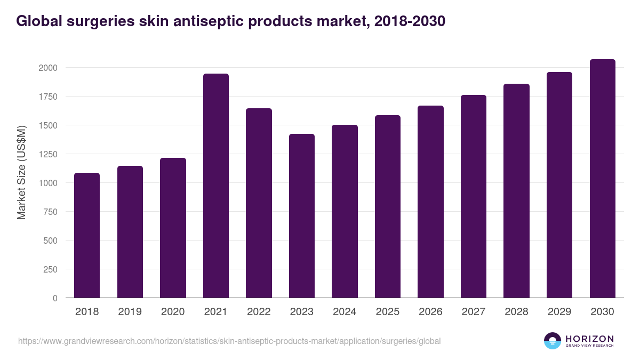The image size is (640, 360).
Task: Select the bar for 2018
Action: (x=87, y=235)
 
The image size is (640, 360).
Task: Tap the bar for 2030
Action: (x=602, y=179)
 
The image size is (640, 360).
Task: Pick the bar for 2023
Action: (x=302, y=216)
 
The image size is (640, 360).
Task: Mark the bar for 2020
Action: (x=173, y=228)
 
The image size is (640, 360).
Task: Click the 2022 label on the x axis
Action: (x=259, y=312)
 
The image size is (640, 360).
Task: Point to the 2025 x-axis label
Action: (x=388, y=312)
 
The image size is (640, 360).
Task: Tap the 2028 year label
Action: (x=516, y=312)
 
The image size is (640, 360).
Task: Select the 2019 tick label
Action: (x=130, y=312)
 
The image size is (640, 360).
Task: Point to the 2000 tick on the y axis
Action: (x=47, y=68)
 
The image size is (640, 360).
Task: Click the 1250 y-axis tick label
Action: (x=47, y=154)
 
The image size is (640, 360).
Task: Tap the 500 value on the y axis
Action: (x=51, y=241)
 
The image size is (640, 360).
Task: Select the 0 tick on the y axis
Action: (x=54, y=298)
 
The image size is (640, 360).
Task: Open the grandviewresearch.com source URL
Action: (x=229, y=341)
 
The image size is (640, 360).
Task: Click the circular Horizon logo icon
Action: (x=552, y=341)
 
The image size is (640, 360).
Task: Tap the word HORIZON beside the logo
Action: (x=589, y=339)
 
